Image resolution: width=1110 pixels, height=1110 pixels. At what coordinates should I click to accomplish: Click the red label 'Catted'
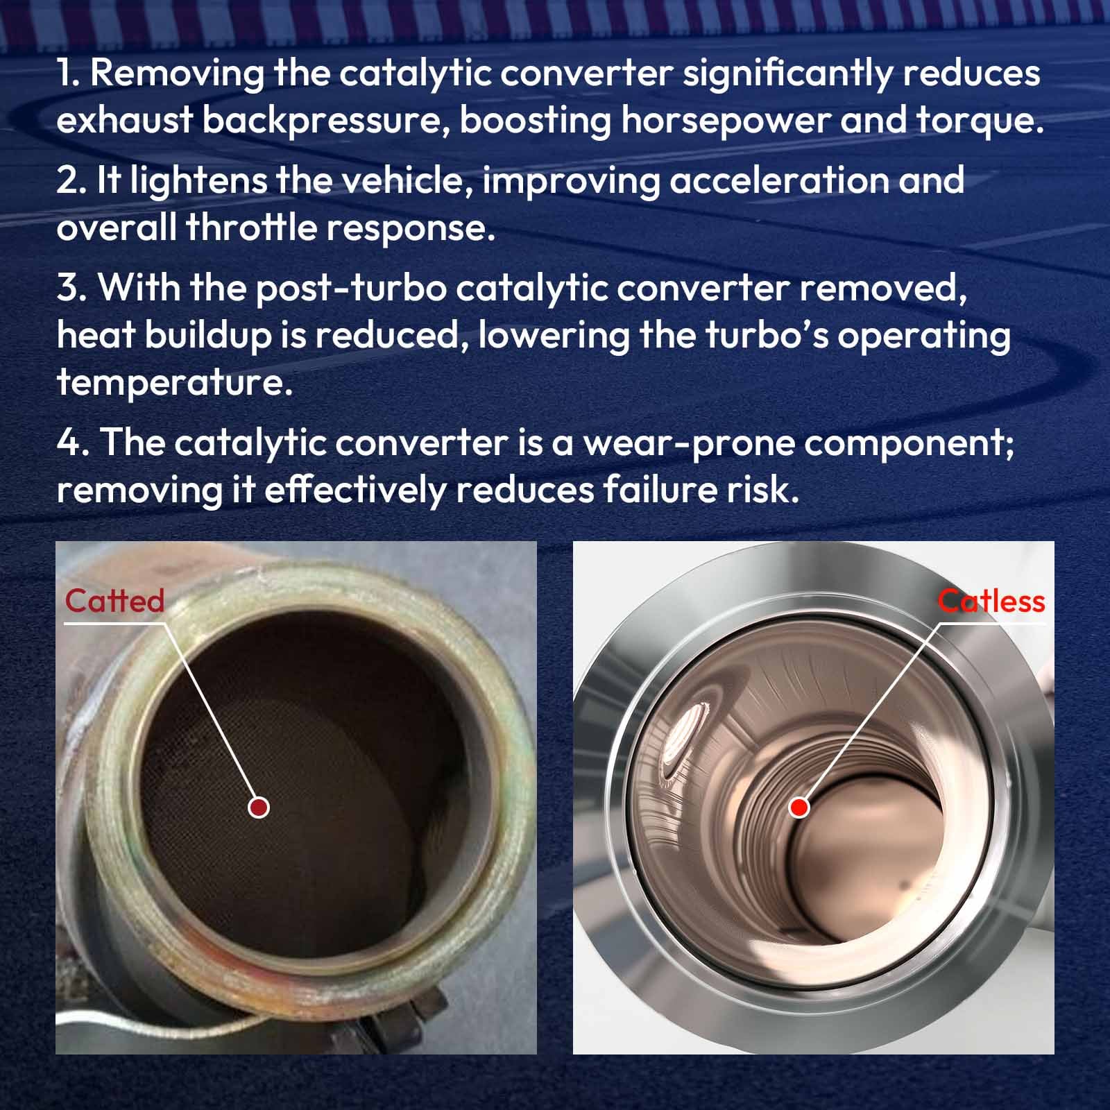114,601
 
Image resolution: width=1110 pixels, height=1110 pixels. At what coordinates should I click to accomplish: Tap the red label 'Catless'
991,601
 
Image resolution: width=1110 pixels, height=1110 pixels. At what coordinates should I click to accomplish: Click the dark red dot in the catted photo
259,807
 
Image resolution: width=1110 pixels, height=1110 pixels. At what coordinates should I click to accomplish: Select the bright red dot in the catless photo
799,807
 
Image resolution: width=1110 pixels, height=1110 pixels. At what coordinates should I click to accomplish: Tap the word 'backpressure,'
326,121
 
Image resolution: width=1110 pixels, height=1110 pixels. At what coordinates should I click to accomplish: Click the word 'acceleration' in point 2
779,180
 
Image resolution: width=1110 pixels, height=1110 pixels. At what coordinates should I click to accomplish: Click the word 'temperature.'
175,383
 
